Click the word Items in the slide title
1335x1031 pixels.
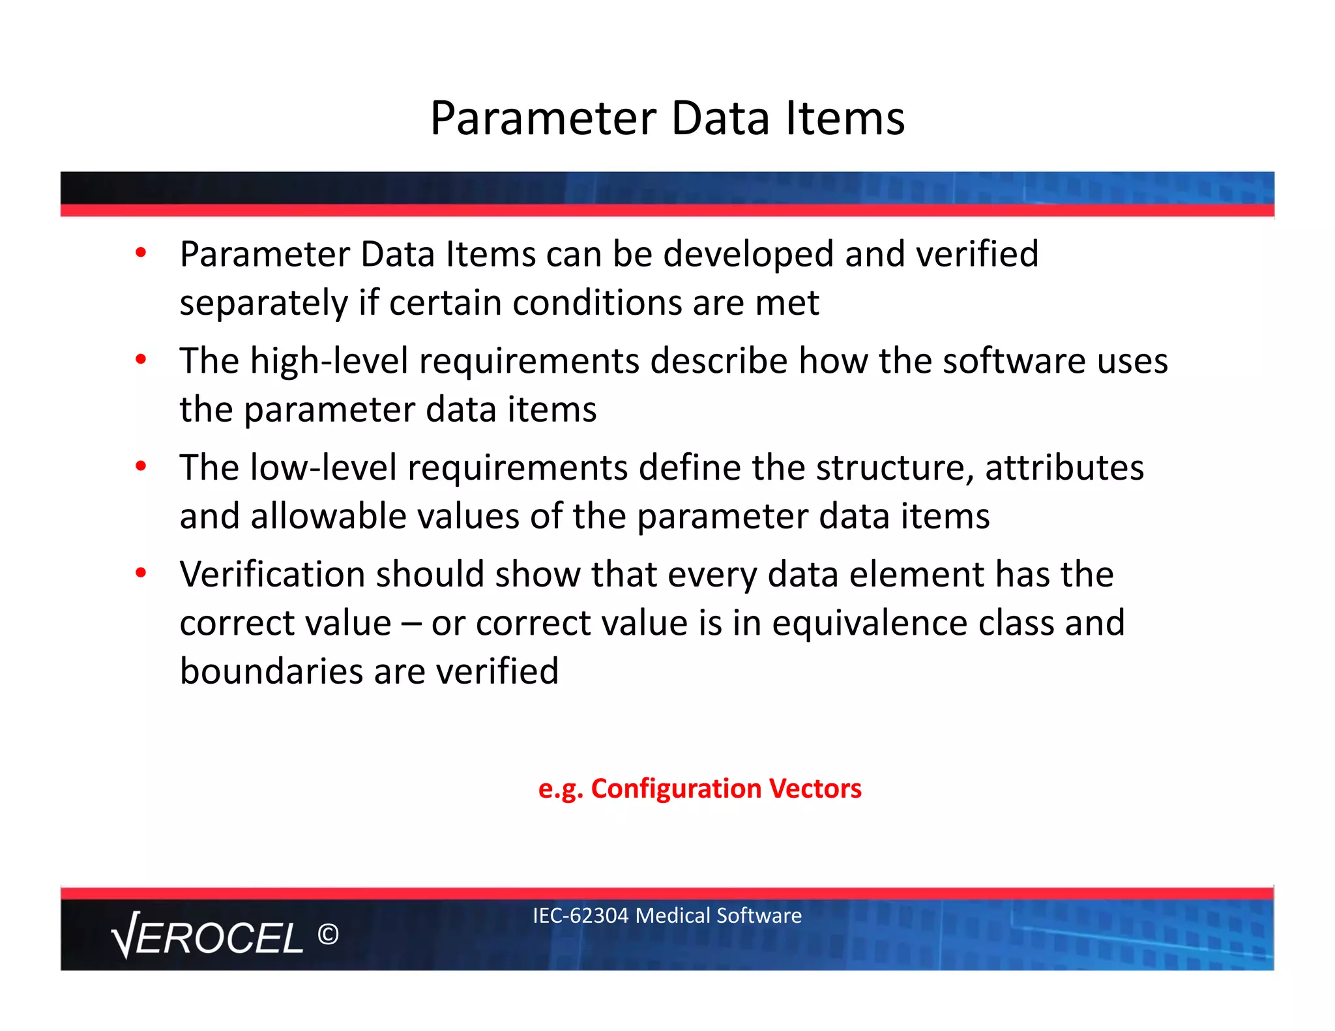tap(845, 119)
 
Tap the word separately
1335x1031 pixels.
tap(264, 304)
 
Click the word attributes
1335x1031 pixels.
tap(1064, 468)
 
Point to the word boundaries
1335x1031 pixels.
tap(271, 671)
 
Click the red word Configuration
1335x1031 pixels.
tap(676, 789)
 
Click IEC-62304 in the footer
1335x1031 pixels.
tap(580, 916)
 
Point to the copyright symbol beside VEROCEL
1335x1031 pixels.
tap(328, 935)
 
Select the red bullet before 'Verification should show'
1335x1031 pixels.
tap(141, 573)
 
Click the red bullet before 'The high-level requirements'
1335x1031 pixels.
tap(141, 359)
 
